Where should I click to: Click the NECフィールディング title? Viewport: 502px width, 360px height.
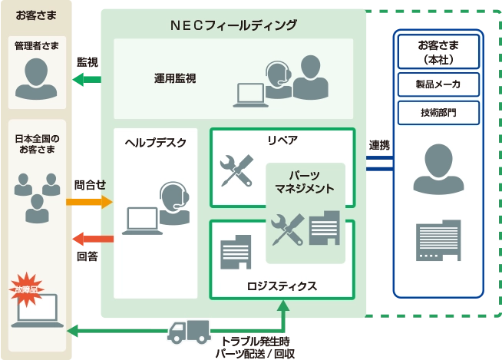pos(233,25)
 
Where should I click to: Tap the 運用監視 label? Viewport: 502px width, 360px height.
pos(174,78)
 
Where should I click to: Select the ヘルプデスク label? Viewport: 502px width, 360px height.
pos(155,143)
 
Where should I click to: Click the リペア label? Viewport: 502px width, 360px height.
pos(282,140)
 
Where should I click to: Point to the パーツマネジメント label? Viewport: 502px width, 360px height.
pos(305,182)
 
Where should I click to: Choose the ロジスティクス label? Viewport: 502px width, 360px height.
pos(282,286)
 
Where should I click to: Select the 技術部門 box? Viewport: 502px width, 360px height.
pos(438,113)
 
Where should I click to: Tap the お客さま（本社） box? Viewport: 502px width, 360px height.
pos(438,51)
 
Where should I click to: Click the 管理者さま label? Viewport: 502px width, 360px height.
pos(36,46)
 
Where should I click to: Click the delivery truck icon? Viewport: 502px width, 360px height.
pos(188,332)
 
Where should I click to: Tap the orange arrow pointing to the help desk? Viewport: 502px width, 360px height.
pos(90,202)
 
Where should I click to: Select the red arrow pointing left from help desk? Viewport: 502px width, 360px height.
pos(92,239)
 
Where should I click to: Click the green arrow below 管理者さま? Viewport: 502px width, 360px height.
pos(87,78)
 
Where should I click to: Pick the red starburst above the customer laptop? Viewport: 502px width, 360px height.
pos(27,287)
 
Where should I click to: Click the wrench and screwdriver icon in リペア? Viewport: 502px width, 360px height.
pos(236,170)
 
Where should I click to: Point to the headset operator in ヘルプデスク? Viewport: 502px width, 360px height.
pos(174,201)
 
